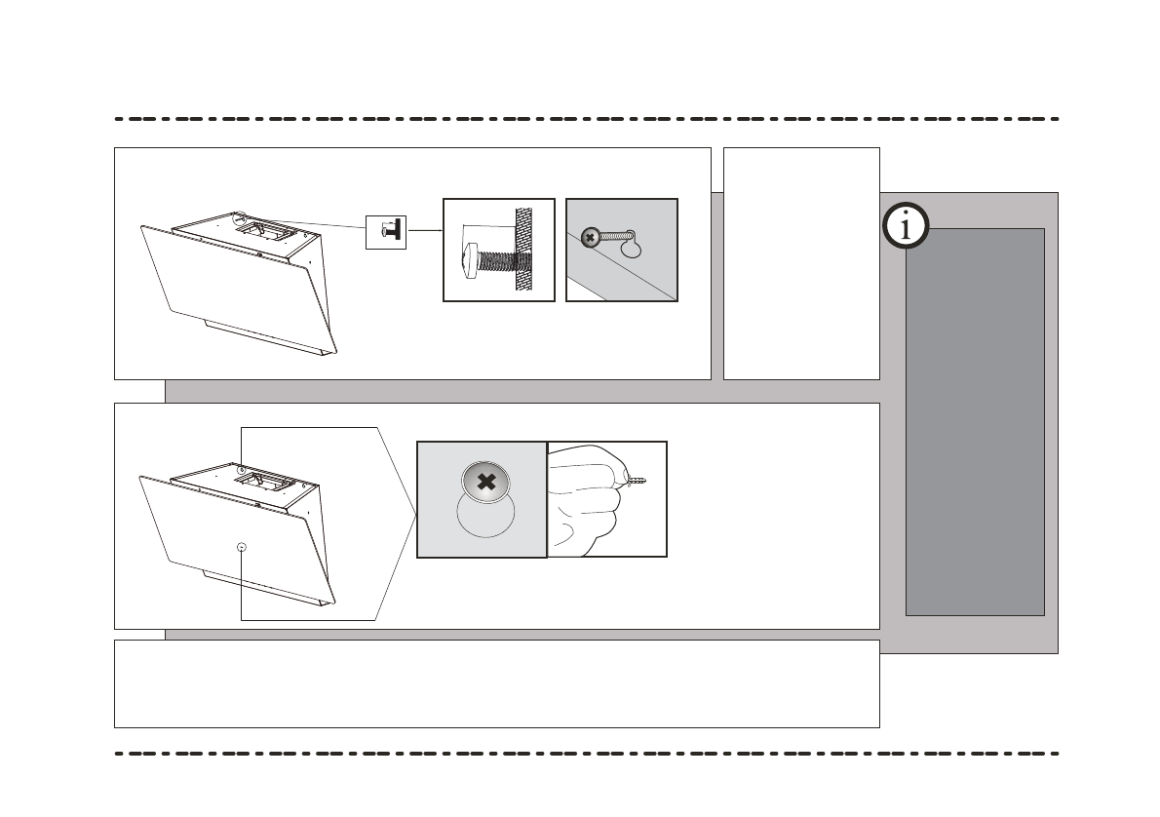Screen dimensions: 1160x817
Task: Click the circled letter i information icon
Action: click(x=906, y=227)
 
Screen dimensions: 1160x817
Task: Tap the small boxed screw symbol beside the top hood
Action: click(x=385, y=230)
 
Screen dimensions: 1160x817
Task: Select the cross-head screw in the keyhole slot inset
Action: click(x=590, y=237)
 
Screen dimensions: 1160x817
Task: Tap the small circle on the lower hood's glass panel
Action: click(x=242, y=547)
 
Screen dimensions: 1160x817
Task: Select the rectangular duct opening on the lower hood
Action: click(x=263, y=479)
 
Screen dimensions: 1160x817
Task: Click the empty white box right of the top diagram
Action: click(x=801, y=263)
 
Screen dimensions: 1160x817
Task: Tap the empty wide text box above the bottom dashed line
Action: click(x=497, y=683)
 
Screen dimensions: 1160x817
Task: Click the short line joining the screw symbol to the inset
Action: click(x=424, y=230)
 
